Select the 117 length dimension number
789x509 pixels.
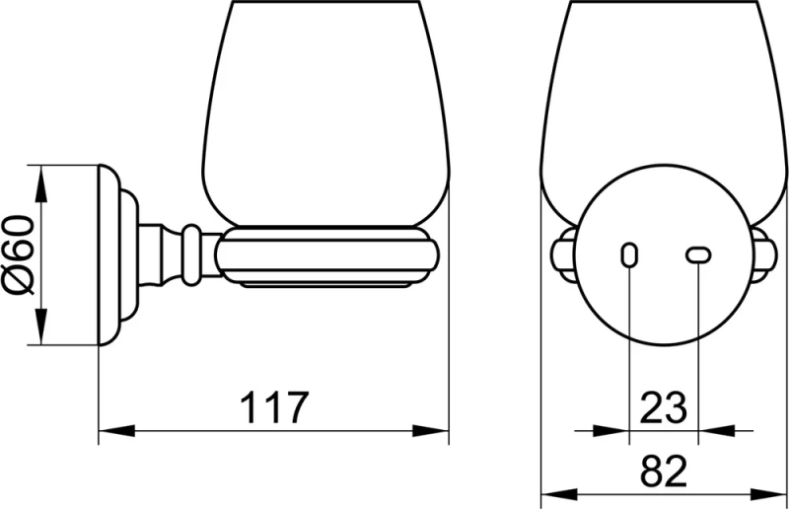(274, 407)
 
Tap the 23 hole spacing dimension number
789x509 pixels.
(663, 407)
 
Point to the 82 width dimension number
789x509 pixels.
(663, 473)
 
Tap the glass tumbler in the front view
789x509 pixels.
(663, 89)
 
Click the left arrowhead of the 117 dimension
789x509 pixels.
(110, 430)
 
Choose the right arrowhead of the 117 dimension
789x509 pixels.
(439, 430)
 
